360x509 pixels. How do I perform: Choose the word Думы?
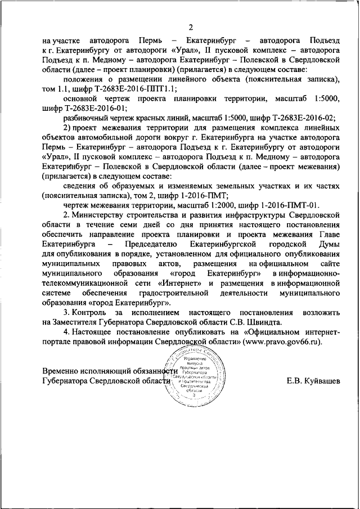(328, 245)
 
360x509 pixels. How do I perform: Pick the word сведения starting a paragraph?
(80, 186)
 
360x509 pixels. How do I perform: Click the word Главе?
(328, 235)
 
